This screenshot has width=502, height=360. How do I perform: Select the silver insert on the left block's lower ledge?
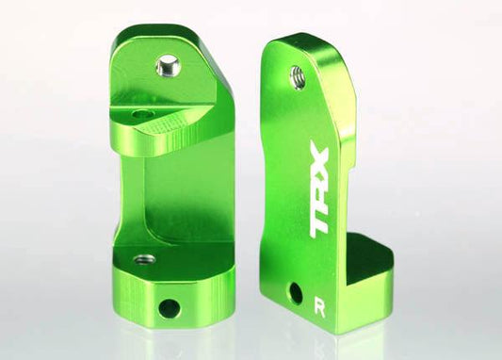[x=144, y=258]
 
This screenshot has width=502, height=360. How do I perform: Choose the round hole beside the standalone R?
[x=295, y=293]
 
